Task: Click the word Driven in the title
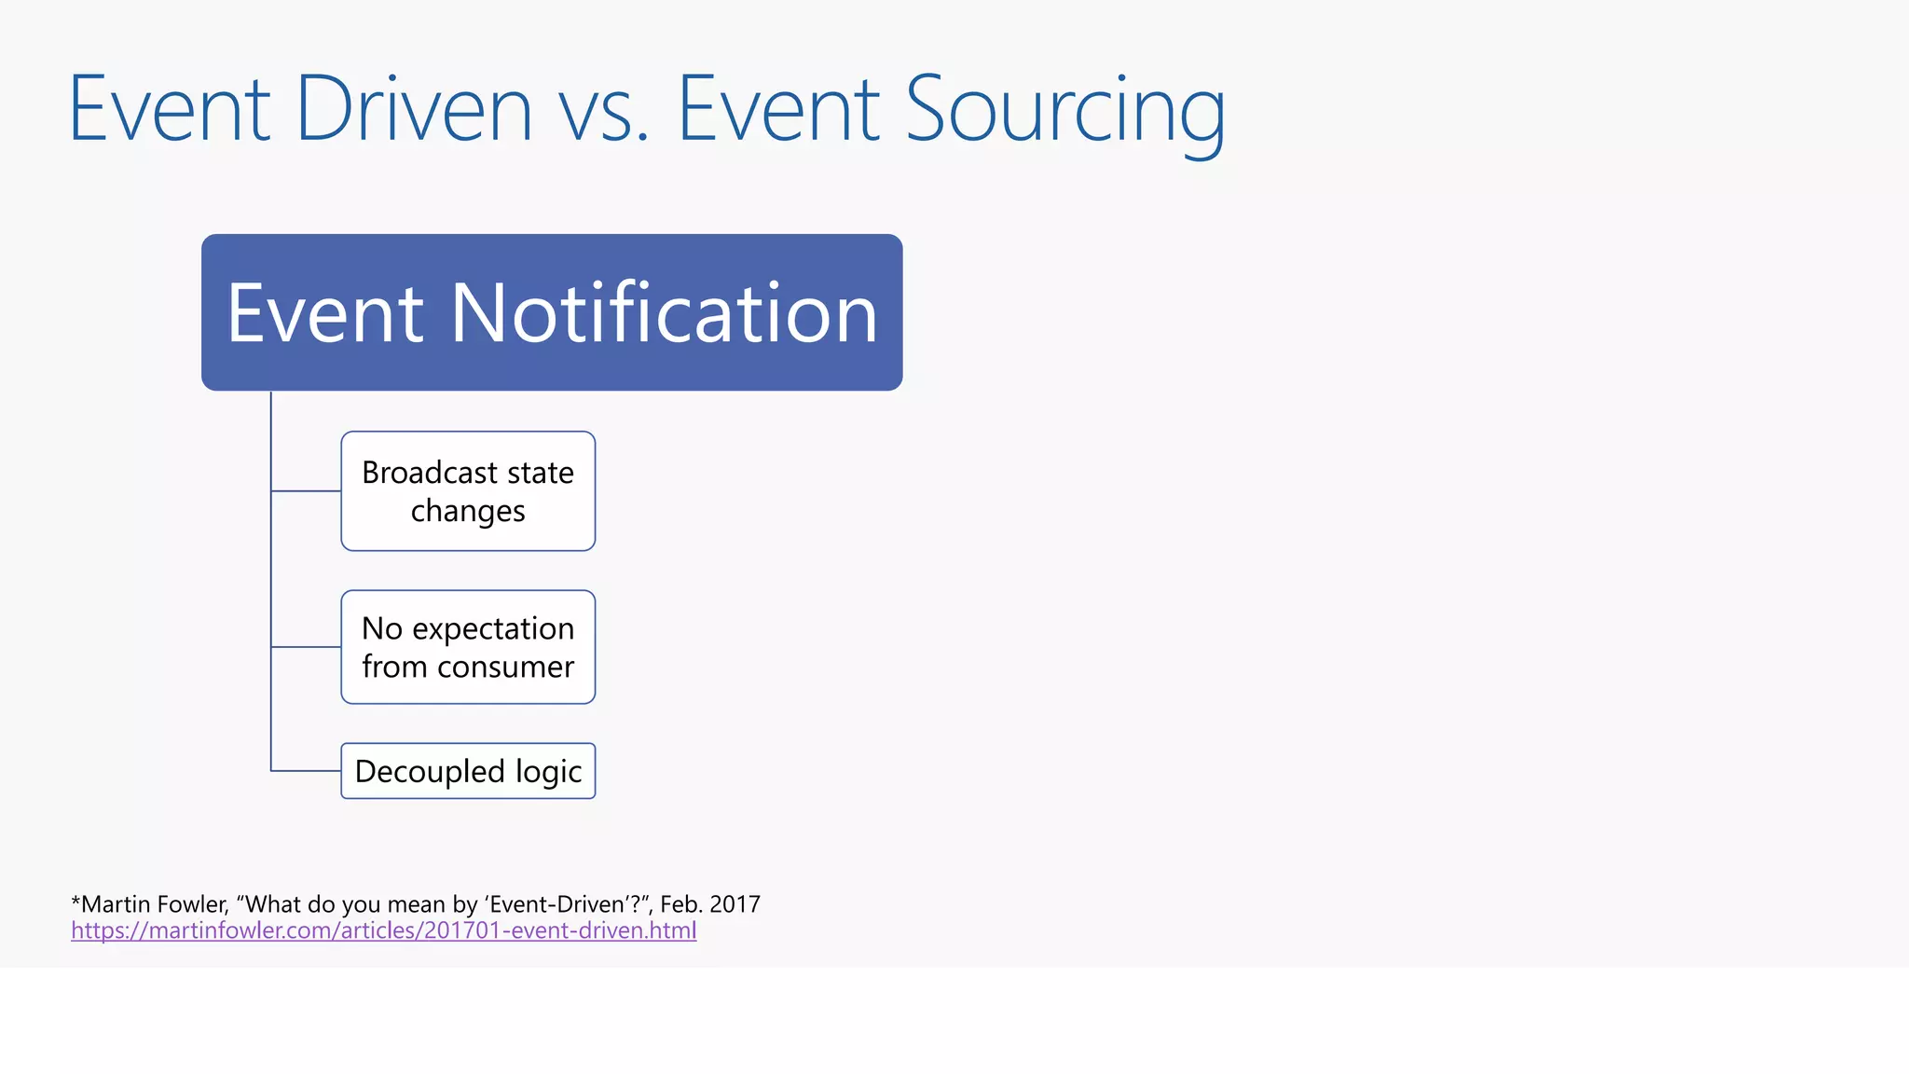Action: click(x=414, y=110)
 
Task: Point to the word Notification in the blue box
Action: click(x=664, y=313)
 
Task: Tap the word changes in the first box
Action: click(x=468, y=512)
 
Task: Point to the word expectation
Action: click(x=493, y=629)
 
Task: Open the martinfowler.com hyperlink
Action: click(x=383, y=930)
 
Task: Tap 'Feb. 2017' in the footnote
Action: click(x=709, y=904)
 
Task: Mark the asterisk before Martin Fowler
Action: click(x=76, y=902)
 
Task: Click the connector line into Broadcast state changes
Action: click(x=306, y=490)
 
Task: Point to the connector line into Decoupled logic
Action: click(x=306, y=771)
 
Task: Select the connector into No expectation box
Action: click(x=306, y=646)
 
